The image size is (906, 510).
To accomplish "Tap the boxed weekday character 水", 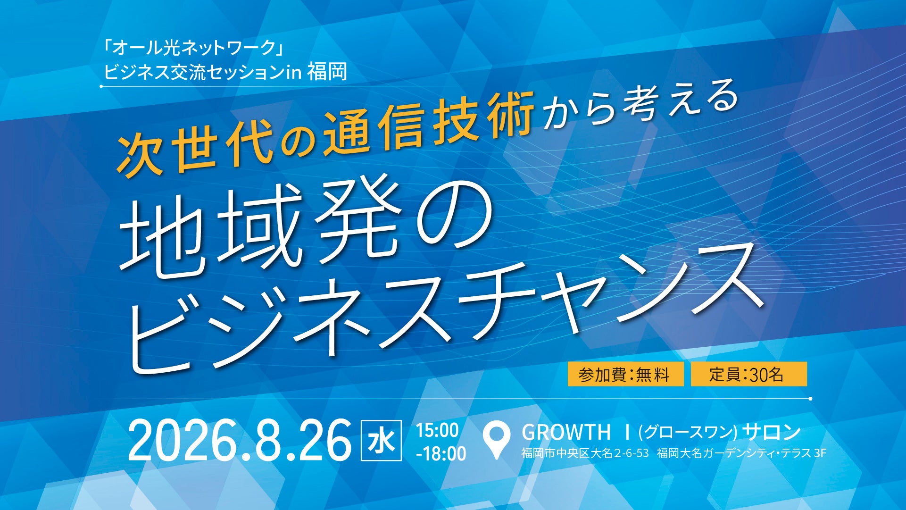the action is pos(381,440).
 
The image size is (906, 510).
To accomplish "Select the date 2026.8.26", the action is pos(240,440).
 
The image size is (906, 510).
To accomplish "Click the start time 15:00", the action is pos(437,430).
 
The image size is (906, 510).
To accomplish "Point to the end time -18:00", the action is pos(441,453).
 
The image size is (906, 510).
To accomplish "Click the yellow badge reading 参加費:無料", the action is pos(625,374).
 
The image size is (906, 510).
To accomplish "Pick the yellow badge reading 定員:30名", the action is pos(748,374).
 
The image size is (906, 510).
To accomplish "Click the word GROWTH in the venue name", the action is pos(566,432).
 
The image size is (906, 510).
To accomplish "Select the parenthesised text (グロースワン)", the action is pos(688,432).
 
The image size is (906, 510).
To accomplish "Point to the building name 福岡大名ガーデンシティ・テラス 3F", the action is pos(741,453).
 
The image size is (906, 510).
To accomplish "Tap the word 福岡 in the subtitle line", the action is pos(327,72).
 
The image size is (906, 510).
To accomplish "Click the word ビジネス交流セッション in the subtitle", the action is pos(194,72).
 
